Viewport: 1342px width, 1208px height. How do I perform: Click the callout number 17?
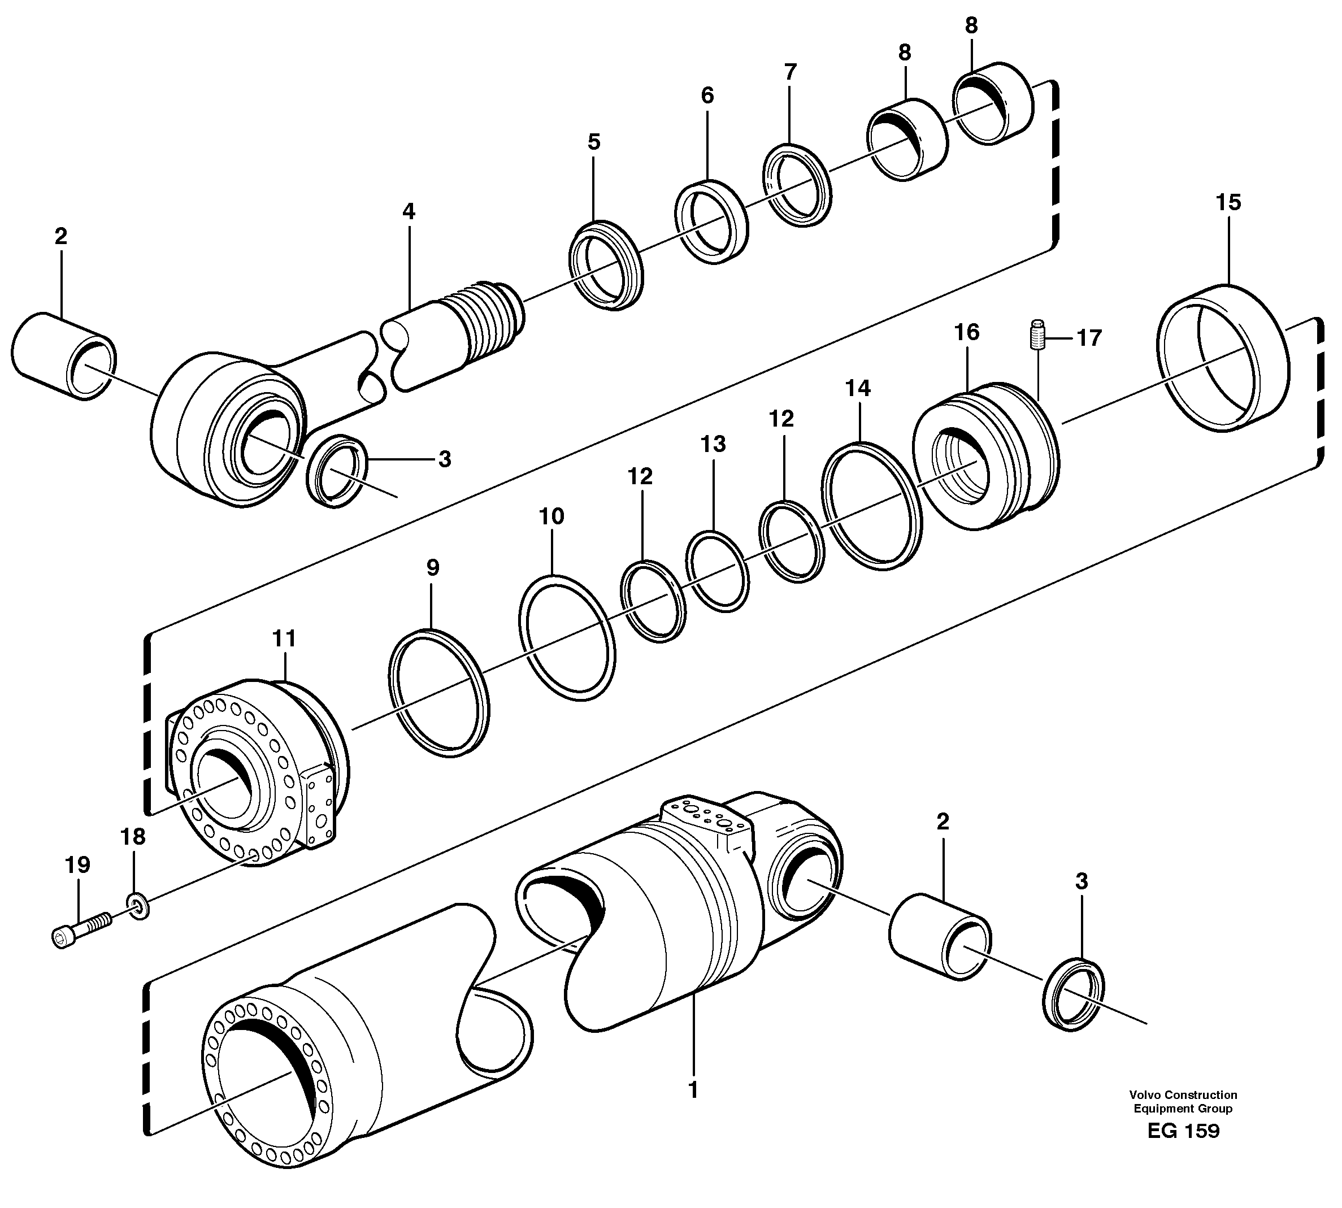pos(1088,338)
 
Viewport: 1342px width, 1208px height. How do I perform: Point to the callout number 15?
pos(1228,202)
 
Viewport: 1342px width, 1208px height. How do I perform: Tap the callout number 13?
pos(714,444)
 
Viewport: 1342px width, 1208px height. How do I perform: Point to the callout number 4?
pos(409,212)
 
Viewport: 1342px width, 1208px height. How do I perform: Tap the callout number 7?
pos(790,71)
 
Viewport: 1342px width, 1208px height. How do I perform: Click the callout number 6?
pos(707,95)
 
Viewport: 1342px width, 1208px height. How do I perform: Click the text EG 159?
pos(1183,1131)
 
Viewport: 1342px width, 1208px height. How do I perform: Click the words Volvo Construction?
pos(1183,1095)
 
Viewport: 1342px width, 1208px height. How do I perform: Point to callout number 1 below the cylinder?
pos(693,1090)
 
